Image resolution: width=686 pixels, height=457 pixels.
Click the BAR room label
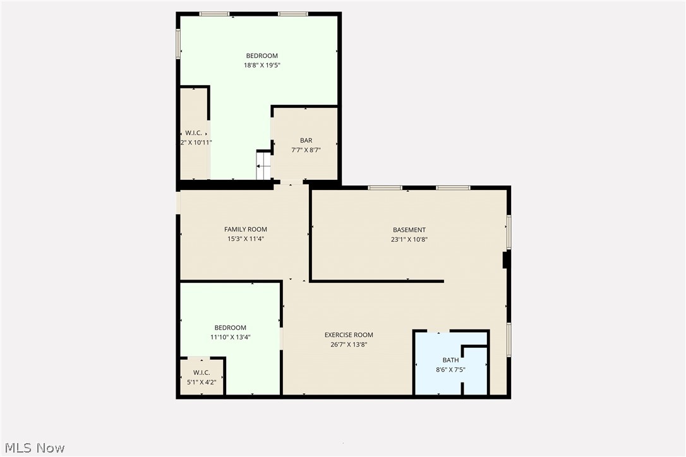[306, 141]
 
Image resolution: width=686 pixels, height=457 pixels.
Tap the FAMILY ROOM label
[245, 230]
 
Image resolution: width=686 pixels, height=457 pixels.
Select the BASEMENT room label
[409, 230]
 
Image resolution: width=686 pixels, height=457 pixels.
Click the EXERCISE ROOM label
[349, 335]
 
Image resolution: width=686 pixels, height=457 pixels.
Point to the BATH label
[450, 360]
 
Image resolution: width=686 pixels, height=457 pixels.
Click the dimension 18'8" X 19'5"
[262, 65]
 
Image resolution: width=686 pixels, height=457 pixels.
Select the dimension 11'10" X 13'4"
[230, 337]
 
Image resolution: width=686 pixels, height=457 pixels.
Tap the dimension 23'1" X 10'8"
[409, 239]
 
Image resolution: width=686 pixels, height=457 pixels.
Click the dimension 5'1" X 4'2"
[201, 382]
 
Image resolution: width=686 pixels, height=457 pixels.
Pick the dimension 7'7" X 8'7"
[306, 150]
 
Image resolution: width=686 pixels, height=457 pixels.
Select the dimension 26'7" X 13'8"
[349, 345]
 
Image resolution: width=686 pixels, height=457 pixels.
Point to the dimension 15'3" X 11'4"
[245, 239]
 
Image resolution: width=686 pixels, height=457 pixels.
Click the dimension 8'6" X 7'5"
[450, 370]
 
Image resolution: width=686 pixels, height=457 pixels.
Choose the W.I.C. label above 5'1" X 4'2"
[201, 372]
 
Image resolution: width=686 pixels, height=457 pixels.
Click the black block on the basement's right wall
[505, 260]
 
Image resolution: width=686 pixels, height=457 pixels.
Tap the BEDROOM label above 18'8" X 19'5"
[262, 56]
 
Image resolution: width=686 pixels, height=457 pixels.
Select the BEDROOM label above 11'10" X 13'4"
[230, 328]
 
